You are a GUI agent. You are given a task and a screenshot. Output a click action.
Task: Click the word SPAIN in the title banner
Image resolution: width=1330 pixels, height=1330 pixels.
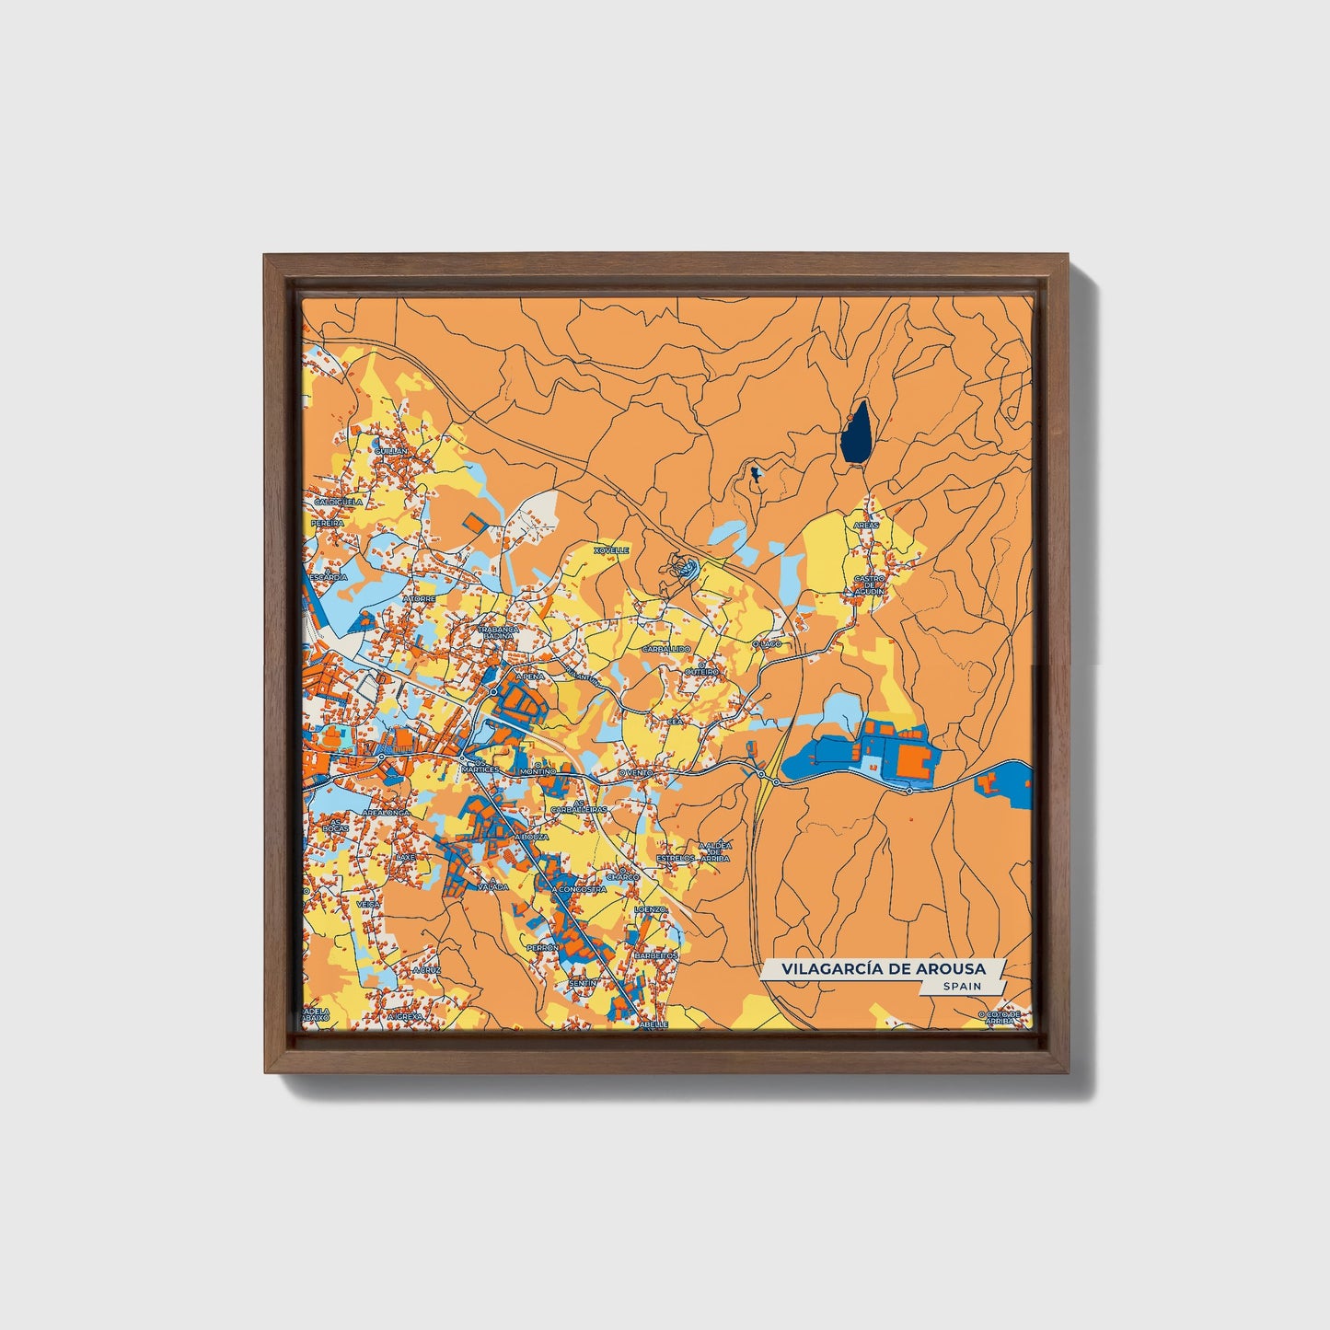click(x=962, y=987)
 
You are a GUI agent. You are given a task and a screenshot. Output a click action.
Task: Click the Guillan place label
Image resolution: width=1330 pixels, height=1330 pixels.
click(x=390, y=451)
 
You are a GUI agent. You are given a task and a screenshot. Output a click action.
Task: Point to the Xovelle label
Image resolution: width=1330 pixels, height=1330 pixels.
click(x=611, y=550)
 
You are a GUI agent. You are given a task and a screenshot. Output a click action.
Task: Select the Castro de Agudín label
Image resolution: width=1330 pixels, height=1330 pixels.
click(x=869, y=585)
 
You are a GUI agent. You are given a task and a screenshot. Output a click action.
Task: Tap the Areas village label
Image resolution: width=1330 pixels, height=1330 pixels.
click(x=866, y=525)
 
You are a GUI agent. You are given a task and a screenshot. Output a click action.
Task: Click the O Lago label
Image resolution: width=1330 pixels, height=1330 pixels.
click(x=767, y=644)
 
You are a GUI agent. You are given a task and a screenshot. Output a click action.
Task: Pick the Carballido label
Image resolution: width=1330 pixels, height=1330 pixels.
click(x=666, y=649)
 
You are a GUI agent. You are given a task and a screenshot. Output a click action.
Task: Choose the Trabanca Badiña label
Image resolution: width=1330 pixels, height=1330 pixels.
click(x=499, y=632)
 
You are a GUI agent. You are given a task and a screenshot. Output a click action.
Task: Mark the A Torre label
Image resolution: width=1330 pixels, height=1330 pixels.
click(x=419, y=598)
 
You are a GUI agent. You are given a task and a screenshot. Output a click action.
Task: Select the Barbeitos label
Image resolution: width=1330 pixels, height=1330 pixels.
click(x=655, y=955)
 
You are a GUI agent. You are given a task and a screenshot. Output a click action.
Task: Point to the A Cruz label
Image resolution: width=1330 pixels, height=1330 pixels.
click(x=427, y=970)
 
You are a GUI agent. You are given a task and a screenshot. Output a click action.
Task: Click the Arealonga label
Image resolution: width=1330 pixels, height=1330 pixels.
click(x=385, y=814)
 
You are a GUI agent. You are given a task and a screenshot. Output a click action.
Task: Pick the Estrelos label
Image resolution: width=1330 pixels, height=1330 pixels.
click(x=676, y=858)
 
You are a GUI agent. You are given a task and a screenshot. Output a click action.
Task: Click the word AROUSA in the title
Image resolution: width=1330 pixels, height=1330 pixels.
click(x=949, y=969)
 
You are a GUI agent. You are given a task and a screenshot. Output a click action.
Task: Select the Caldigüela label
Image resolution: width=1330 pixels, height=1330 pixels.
click(x=339, y=503)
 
